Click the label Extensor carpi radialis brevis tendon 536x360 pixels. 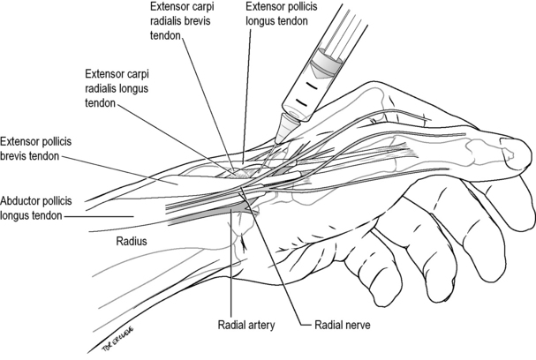180,21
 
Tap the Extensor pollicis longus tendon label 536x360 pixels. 282,13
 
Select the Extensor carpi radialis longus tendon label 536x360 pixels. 117,88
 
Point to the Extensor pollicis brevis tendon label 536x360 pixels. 36,148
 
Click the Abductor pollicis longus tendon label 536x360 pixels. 36,208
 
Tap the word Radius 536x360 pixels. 132,241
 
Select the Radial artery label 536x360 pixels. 246,325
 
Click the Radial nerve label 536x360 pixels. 343,325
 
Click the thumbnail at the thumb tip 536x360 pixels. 508,147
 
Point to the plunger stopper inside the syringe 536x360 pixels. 326,63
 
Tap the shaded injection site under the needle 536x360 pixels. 240,174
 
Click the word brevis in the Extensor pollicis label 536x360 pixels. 13,156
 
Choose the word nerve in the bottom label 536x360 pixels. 356,325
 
